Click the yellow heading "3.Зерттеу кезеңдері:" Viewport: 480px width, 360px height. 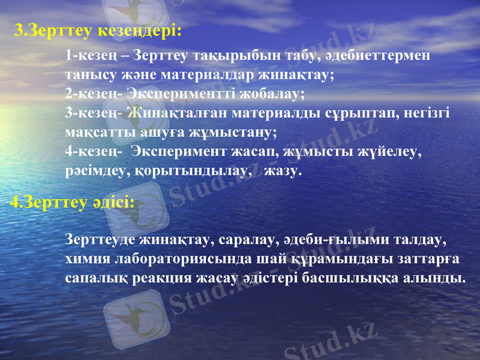coord(97,30)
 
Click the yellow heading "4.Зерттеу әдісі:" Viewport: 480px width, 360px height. coord(72,203)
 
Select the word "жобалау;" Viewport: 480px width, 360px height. coord(278,95)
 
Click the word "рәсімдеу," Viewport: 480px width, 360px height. coord(93,172)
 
